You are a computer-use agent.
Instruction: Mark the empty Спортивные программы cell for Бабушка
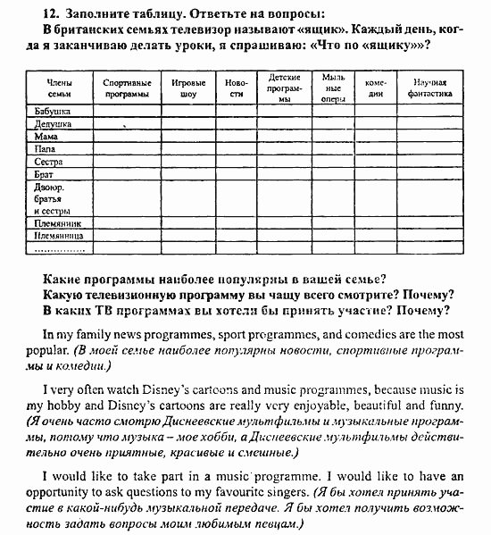tap(125, 112)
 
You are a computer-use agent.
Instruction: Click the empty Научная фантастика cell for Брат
tap(423, 176)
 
